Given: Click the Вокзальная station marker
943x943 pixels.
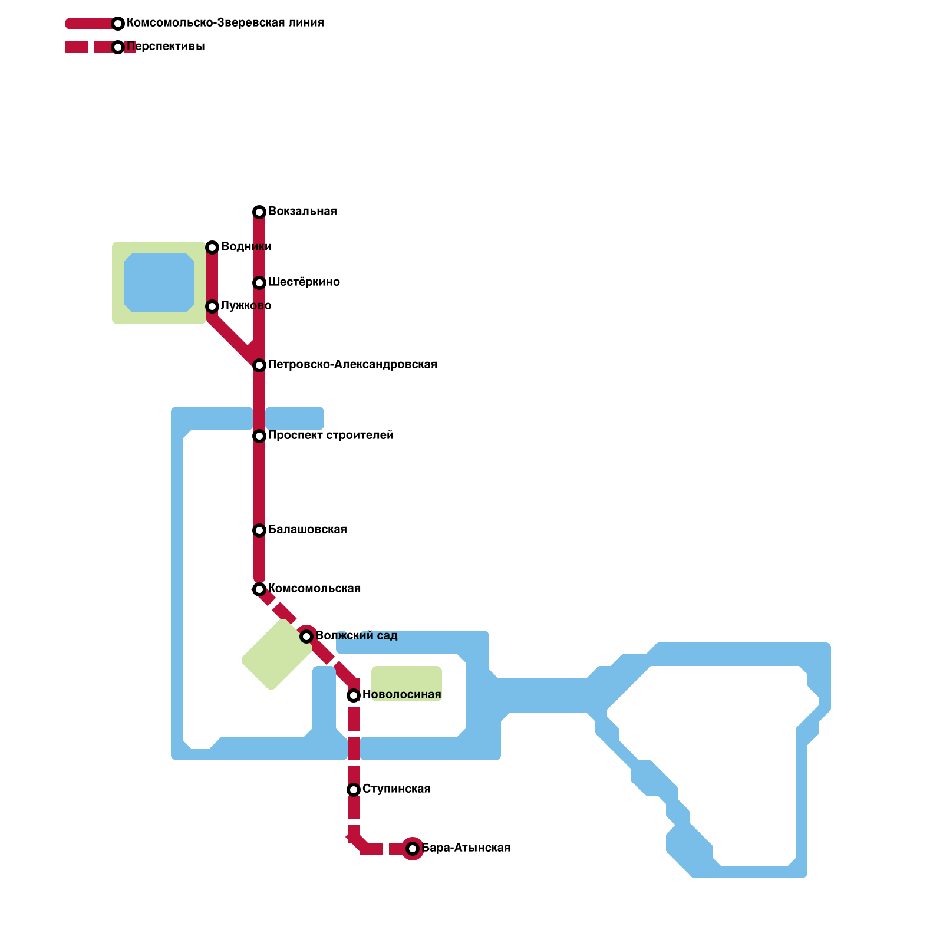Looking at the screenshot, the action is point(259,212).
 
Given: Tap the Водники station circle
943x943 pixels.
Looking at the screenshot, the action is point(212,248).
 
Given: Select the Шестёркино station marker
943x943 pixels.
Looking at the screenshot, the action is point(259,283).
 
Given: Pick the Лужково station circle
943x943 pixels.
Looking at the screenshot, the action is point(212,306).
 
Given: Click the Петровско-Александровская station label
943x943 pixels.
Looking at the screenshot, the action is point(352,365).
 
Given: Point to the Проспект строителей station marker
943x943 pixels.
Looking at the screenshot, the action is point(259,436).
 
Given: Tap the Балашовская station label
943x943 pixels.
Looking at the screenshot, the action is point(307,530).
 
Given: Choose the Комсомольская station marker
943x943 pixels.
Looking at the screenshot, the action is point(259,589).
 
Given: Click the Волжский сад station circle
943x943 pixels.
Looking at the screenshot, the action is point(306,637).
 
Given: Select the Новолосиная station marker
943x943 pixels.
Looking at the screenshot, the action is point(354,695).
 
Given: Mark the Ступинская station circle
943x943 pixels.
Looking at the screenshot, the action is point(354,790).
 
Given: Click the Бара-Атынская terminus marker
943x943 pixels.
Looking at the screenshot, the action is point(413,849).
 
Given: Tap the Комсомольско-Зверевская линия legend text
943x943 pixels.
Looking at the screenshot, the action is point(225,23).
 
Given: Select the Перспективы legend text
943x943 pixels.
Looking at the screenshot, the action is point(166,47).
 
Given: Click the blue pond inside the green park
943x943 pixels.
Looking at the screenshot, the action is point(159,283).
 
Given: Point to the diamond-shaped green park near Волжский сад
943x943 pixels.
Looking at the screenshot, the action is point(277,654).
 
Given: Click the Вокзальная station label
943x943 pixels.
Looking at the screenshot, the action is point(302,212).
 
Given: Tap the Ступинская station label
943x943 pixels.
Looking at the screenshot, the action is point(397,789).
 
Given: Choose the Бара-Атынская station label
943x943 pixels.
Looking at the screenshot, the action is point(466,848).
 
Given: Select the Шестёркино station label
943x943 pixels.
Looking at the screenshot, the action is point(304,282).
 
